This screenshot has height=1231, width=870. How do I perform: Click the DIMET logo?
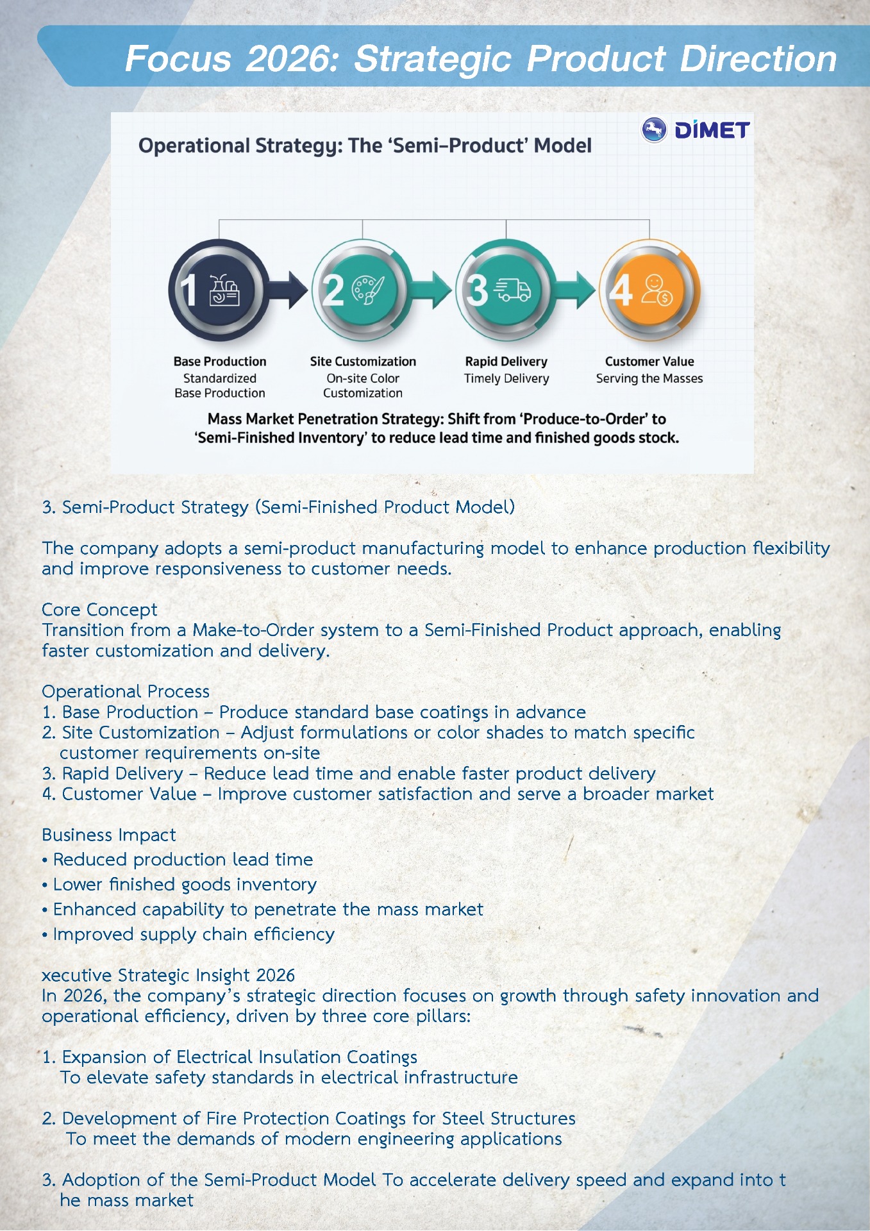(x=696, y=130)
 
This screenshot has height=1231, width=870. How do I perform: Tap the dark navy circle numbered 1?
(x=219, y=290)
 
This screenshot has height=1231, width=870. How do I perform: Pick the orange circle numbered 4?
(x=649, y=290)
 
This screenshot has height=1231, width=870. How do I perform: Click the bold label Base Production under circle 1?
(x=220, y=362)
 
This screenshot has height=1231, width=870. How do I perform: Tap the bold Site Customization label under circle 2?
(x=363, y=362)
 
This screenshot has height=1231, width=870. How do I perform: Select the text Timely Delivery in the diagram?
(x=506, y=378)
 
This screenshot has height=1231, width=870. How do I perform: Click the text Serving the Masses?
(x=649, y=378)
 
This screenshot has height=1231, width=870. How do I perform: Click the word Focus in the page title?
(x=178, y=59)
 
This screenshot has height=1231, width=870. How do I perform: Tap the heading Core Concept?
(x=99, y=609)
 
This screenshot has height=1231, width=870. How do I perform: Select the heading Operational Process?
(x=126, y=691)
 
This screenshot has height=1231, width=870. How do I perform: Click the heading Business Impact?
(x=108, y=835)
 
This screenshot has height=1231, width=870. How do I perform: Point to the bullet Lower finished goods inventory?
(x=185, y=884)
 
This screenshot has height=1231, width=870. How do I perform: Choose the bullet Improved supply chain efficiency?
(x=194, y=934)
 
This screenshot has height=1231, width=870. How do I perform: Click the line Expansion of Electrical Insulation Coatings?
(x=239, y=1057)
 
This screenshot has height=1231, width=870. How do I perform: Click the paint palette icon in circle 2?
(x=369, y=290)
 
